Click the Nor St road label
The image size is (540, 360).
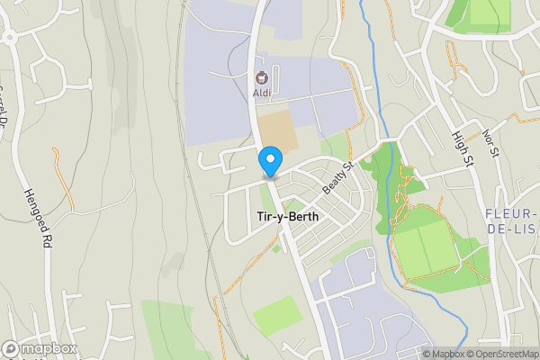[x=490, y=142]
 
